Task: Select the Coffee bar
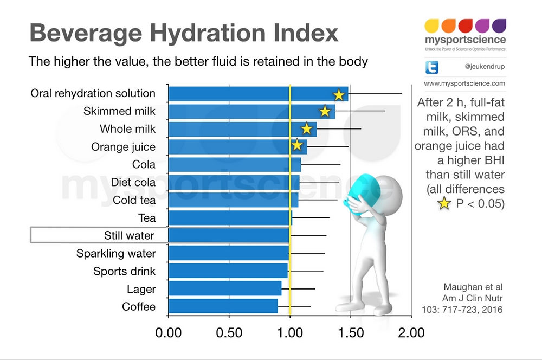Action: (x=223, y=306)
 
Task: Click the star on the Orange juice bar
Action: (x=296, y=145)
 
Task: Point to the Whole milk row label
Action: (x=127, y=129)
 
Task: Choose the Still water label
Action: (x=129, y=235)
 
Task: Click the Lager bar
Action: (x=225, y=288)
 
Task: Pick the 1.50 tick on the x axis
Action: (x=351, y=332)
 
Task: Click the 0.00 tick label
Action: (x=169, y=332)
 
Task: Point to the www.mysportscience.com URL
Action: (x=464, y=83)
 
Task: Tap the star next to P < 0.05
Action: (x=444, y=203)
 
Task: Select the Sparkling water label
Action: (x=116, y=253)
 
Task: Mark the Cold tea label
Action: (x=134, y=200)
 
